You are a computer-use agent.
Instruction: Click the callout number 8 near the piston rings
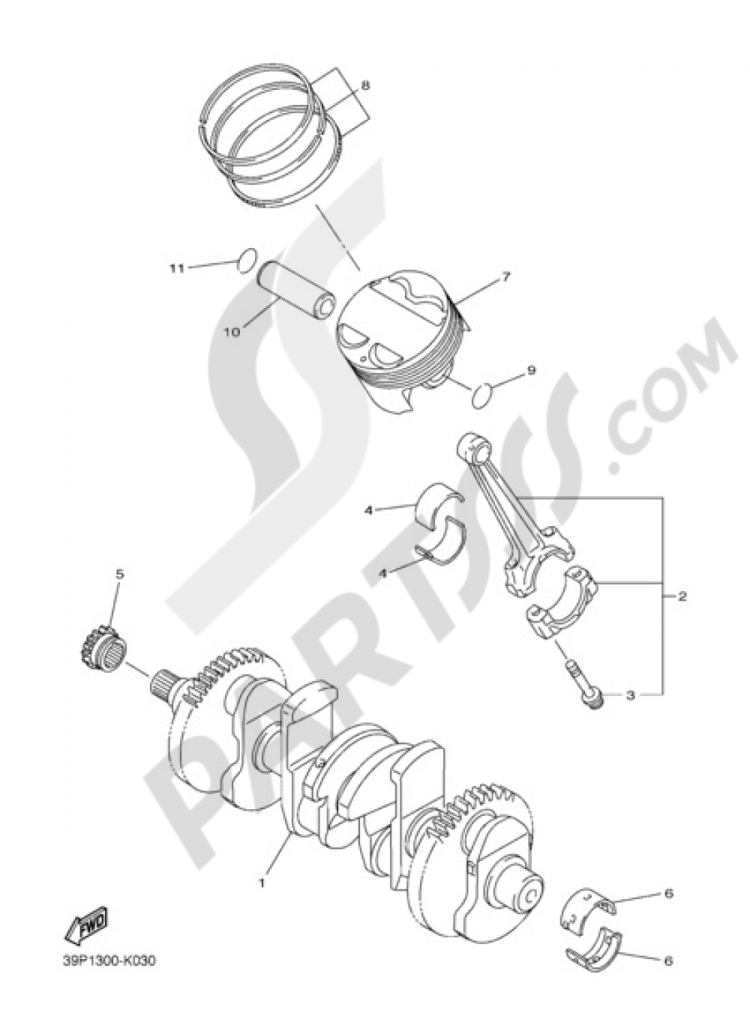click(365, 85)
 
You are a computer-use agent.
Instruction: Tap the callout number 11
click(176, 268)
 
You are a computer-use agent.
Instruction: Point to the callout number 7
click(505, 277)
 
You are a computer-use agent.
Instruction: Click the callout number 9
click(531, 370)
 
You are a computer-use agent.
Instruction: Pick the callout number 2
click(682, 597)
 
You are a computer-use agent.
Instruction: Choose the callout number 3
click(631, 695)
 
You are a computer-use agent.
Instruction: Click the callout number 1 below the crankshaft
click(262, 883)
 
